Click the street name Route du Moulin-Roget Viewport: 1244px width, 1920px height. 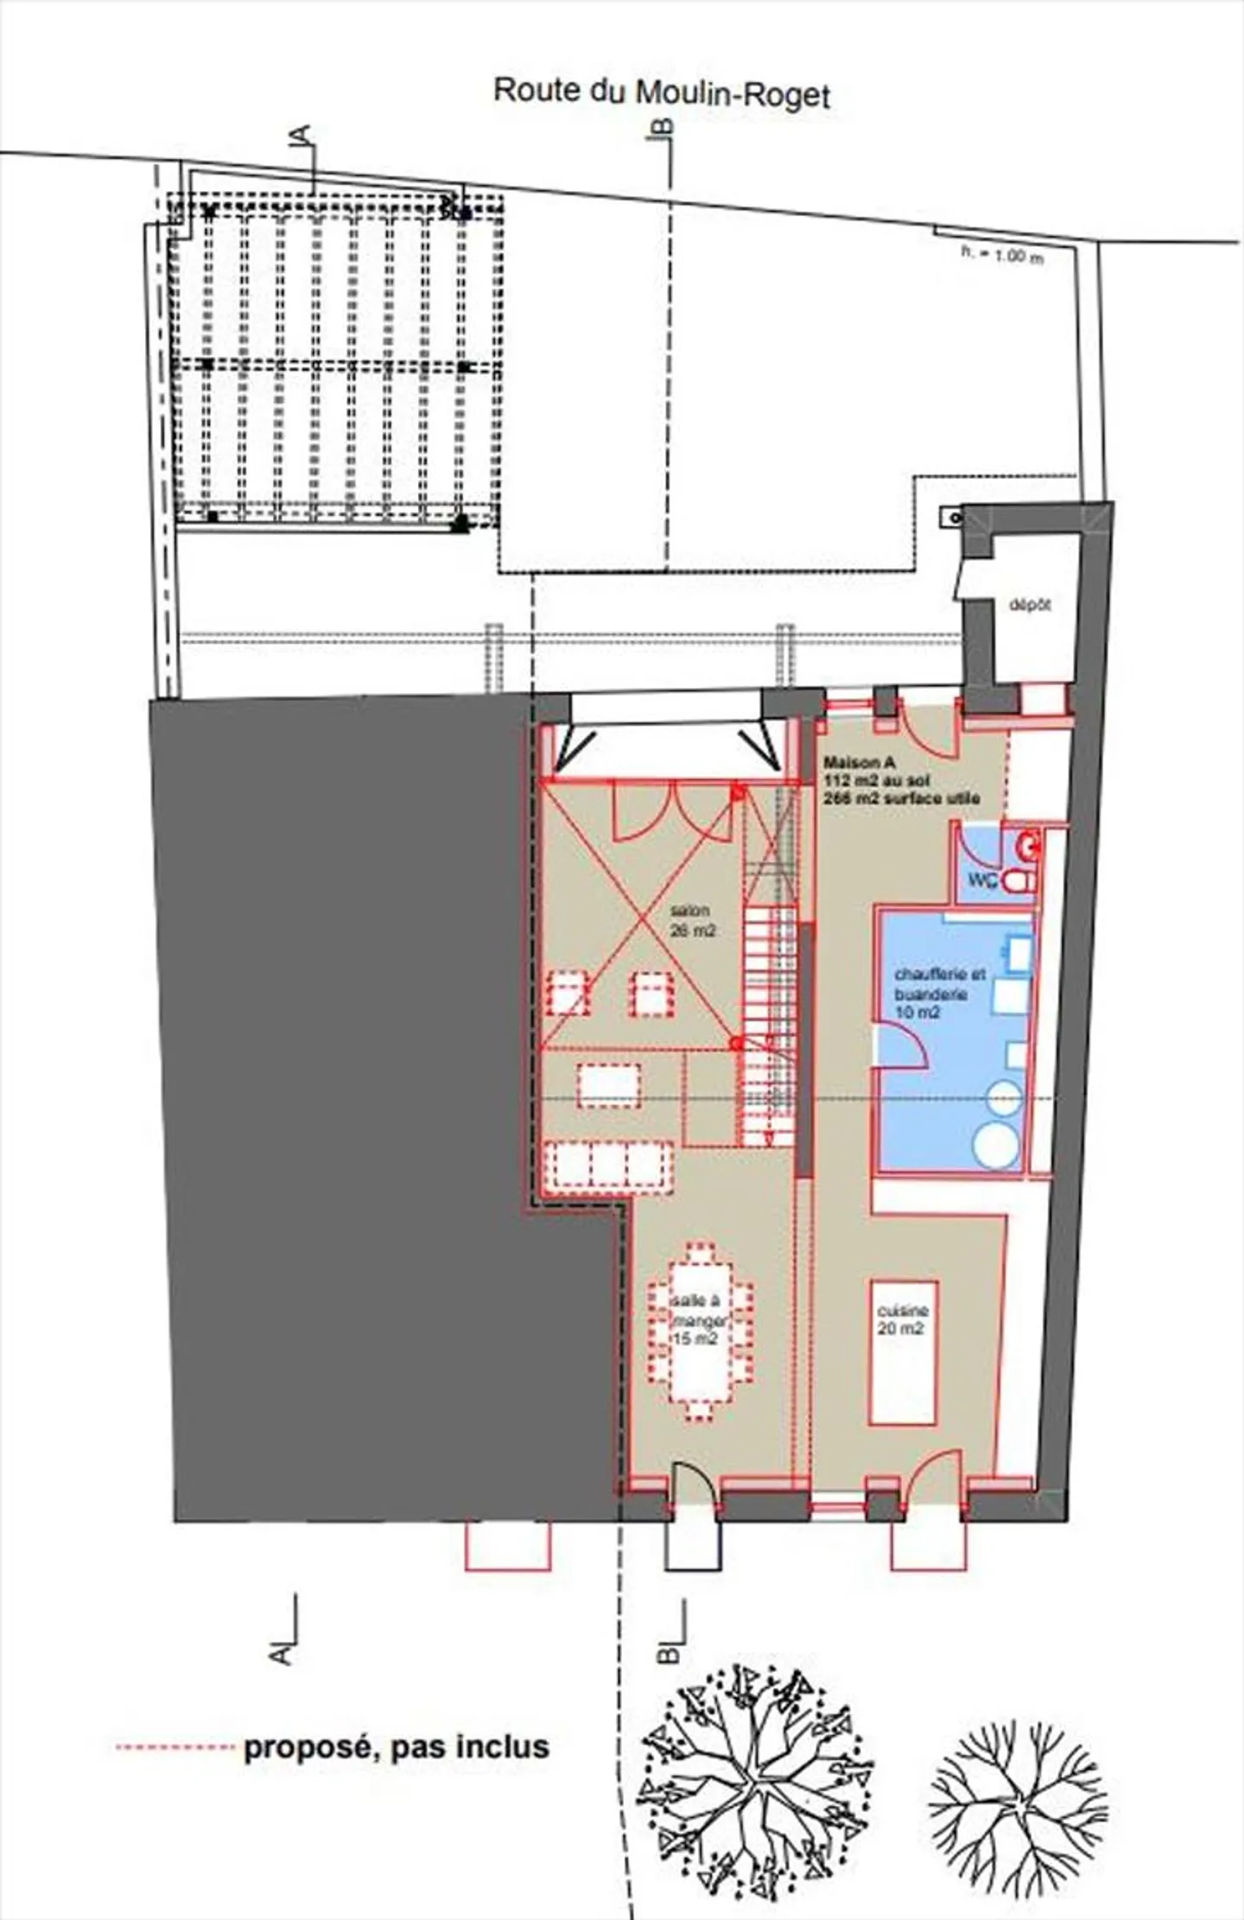click(x=661, y=92)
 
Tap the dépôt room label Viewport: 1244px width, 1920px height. click(x=1030, y=605)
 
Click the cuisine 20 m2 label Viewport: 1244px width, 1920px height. click(x=902, y=1319)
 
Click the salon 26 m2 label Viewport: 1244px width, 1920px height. click(x=691, y=921)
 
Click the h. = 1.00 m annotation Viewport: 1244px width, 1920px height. click(x=1002, y=256)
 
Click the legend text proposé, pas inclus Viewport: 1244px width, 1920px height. click(x=397, y=1746)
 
